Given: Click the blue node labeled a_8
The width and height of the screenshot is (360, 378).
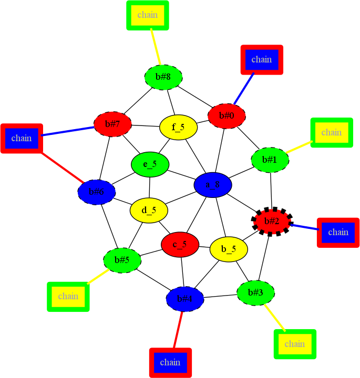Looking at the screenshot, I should pyautogui.click(x=213, y=185).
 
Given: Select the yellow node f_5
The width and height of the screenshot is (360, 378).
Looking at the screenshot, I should pyautogui.click(x=178, y=128).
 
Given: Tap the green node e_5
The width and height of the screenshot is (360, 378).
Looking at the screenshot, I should pyautogui.click(x=150, y=164).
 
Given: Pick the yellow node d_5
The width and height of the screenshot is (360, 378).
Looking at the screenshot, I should pyautogui.click(x=149, y=211).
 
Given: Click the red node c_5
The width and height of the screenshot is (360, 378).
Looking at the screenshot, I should pyautogui.click(x=180, y=245).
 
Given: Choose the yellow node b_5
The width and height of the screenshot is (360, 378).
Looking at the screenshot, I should pyautogui.click(x=229, y=249).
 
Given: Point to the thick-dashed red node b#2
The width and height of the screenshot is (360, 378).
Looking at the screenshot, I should pyautogui.click(x=272, y=221).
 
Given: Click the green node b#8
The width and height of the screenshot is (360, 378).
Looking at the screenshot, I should pyautogui.click(x=163, y=77).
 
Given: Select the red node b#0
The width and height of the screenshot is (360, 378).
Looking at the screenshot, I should pyautogui.click(x=227, y=115).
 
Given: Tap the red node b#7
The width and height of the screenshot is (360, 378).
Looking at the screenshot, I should pyautogui.click(x=112, y=124).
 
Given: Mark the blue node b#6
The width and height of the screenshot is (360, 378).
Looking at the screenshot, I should pyautogui.click(x=96, y=192).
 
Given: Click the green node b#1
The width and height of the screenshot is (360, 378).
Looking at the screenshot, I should pyautogui.click(x=270, y=160).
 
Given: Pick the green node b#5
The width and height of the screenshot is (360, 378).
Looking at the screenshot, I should pyautogui.click(x=122, y=260).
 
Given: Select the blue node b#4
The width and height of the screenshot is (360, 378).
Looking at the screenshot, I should pyautogui.click(x=185, y=299).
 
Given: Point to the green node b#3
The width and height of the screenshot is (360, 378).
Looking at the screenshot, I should pyautogui.click(x=256, y=292).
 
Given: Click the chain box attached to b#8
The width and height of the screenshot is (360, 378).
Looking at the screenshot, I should pyautogui.click(x=148, y=15).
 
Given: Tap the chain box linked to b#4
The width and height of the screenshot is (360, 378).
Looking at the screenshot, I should pyautogui.click(x=170, y=362).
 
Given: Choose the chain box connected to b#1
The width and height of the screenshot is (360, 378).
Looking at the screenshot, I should pyautogui.click(x=331, y=132).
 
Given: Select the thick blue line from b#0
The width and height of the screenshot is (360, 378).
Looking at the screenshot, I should pyautogui.click(x=244, y=88).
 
